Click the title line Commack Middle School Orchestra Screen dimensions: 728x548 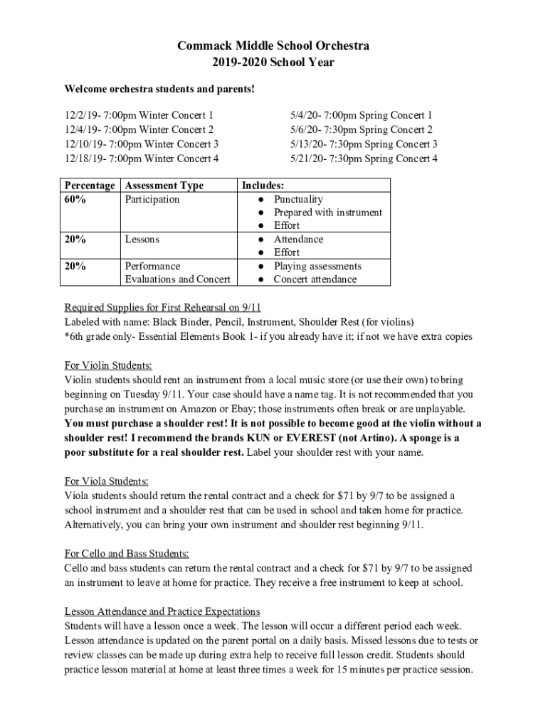pos(274,46)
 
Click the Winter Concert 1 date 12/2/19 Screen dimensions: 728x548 pos(81,115)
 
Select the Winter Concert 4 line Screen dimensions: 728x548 pos(142,158)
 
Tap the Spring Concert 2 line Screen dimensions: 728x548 pos(361,129)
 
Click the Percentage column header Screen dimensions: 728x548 pos(90,186)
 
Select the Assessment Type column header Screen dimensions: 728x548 pos(164,186)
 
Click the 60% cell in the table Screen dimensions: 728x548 pos(76,199)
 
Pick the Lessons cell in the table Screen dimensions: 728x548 pos(142,240)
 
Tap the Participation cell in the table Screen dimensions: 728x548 pos(152,199)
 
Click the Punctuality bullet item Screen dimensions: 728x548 pos(298,199)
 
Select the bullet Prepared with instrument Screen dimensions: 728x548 pos(328,213)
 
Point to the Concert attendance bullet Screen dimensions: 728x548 pos(315,279)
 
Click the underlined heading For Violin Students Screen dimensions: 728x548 pos(108,366)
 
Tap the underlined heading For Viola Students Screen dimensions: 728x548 pos(107,481)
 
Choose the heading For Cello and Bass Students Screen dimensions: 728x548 pos(127,555)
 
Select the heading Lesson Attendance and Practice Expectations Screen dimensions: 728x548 pos(162,611)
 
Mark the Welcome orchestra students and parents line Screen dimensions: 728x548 pos(159,90)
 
